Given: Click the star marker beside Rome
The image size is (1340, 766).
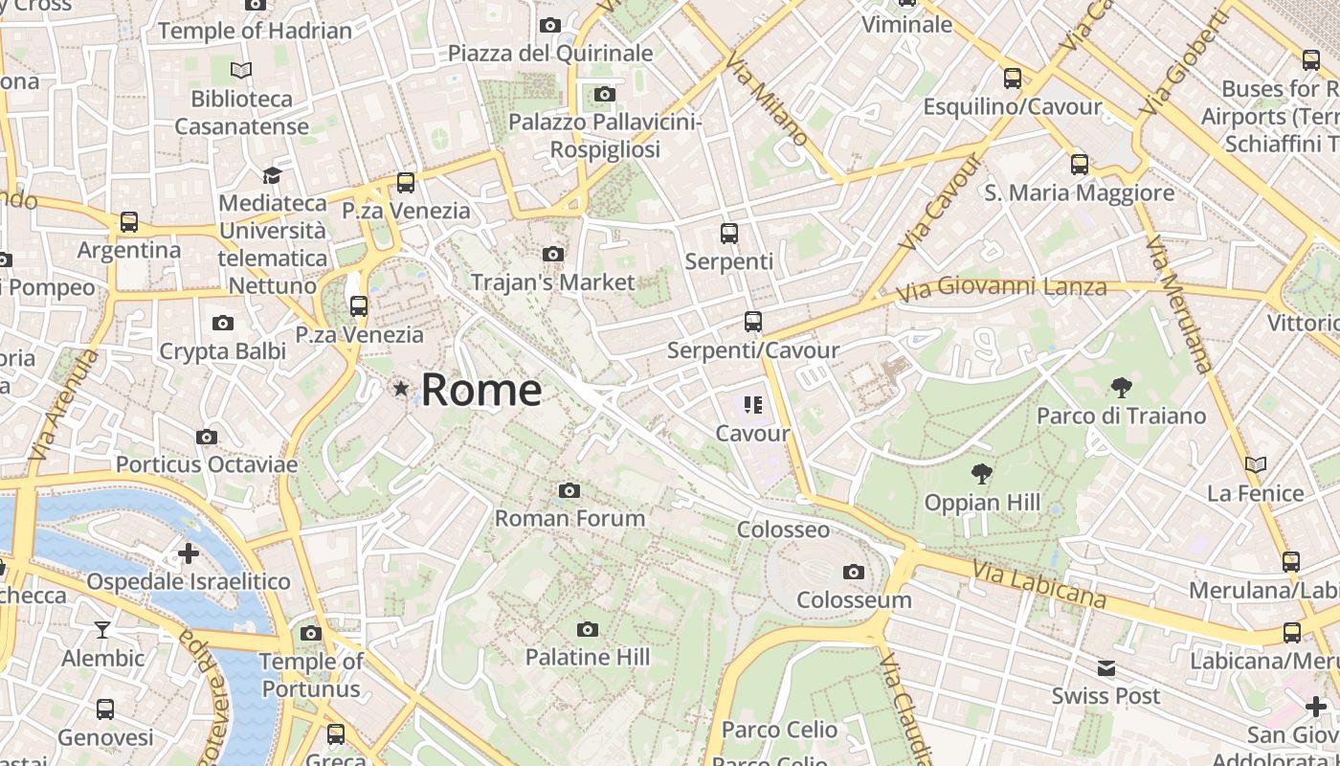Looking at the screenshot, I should [401, 389].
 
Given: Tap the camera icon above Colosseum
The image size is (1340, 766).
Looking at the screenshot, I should [854, 573].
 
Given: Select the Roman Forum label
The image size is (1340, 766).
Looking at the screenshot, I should [569, 518].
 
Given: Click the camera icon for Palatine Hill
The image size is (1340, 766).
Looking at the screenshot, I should [588, 629].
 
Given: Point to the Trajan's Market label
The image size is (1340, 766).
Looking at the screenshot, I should [552, 282].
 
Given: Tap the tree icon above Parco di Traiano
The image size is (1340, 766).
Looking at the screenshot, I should [1121, 388].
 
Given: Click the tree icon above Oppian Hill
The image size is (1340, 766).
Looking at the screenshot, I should [981, 473].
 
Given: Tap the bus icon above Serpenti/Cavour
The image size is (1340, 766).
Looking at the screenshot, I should [753, 322].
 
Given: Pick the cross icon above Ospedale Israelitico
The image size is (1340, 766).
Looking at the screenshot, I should [189, 552].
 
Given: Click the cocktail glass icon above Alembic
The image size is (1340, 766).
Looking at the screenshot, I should [102, 629].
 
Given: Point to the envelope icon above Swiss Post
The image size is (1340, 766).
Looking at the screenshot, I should [1106, 668].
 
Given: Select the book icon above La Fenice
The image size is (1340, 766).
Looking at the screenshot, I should [1255, 465].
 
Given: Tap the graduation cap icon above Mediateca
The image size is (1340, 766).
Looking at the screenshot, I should [272, 175].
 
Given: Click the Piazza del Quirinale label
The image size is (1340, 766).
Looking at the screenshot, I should [550, 53].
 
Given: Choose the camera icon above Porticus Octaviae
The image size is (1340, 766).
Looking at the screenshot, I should [206, 438].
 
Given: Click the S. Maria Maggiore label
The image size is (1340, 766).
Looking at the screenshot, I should [1080, 192].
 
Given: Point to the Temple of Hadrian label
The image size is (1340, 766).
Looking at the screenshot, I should [255, 31].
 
